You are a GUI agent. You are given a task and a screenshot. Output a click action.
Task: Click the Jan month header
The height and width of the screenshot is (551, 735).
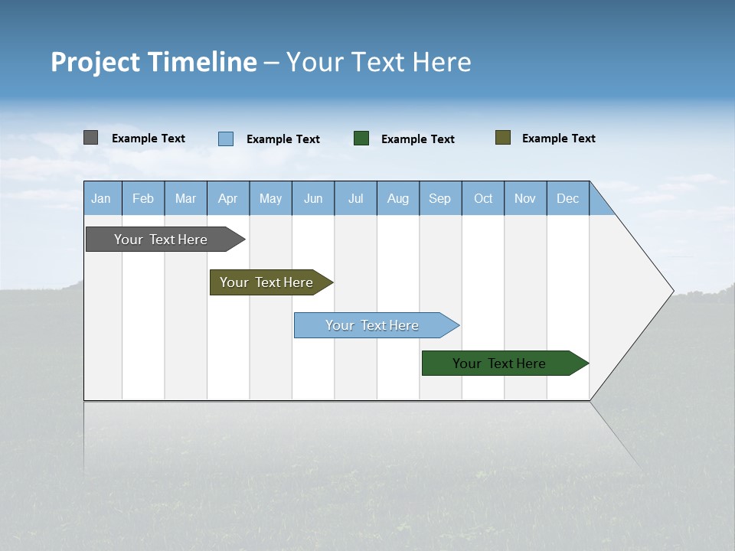[x=102, y=198]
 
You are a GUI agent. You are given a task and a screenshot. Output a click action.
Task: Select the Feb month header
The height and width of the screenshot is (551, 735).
[x=143, y=198]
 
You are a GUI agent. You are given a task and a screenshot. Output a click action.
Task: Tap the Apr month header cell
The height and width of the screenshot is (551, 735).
[x=228, y=198]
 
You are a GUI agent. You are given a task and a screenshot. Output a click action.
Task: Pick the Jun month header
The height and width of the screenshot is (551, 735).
[x=313, y=198]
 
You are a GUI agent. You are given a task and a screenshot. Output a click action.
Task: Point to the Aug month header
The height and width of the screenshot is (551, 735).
[x=398, y=198]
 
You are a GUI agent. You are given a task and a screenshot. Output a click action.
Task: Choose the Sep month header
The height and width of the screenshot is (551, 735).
[x=440, y=198]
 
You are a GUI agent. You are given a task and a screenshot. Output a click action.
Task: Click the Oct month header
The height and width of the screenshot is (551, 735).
[x=483, y=198]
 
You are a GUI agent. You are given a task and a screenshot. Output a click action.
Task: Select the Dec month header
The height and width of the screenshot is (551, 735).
[x=568, y=198]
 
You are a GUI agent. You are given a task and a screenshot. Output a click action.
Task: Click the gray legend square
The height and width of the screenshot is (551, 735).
[x=91, y=138]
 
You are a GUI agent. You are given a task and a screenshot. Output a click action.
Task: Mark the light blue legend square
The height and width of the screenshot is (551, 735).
[x=226, y=139]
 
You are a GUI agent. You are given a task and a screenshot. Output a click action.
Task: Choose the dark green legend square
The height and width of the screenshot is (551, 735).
[x=361, y=139]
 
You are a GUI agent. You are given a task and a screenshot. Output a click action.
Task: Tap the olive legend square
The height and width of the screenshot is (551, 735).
[x=503, y=138]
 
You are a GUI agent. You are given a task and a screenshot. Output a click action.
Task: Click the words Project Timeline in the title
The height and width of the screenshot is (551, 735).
[x=154, y=62]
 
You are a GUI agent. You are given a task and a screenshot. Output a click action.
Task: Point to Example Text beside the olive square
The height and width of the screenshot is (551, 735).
[x=559, y=139]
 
